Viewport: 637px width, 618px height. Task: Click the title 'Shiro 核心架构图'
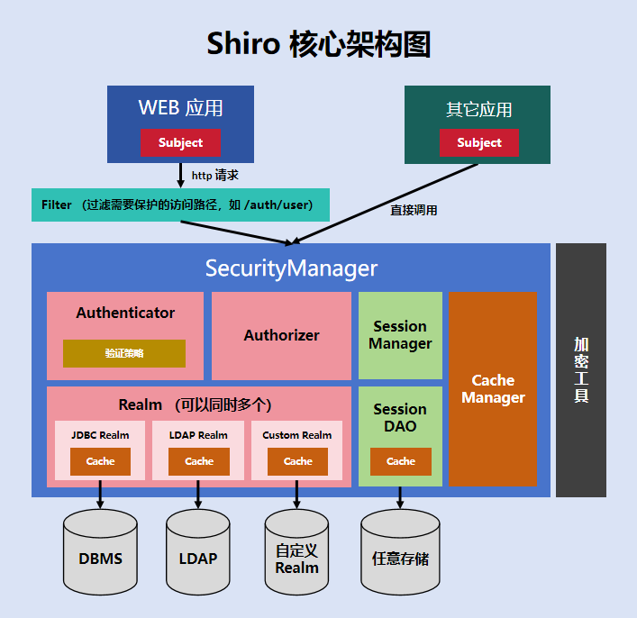coord(318,43)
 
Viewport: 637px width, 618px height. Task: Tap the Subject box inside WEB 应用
coord(180,142)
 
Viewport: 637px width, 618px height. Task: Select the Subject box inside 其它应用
coord(478,142)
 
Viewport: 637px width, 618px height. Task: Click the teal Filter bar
coord(180,204)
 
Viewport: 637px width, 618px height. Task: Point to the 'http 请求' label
coord(214,176)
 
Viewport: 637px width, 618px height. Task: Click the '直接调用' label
coord(414,210)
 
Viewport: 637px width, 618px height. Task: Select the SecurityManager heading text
coord(291,268)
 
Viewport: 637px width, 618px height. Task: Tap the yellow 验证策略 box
coord(123,353)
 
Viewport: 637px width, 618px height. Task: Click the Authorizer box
coord(281,335)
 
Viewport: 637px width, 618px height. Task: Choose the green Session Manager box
coord(400,335)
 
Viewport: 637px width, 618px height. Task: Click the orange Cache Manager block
coord(492,388)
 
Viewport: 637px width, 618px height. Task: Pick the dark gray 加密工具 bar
coord(580,369)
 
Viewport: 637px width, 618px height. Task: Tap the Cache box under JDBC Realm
coord(100,461)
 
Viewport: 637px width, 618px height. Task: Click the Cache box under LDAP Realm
coord(199,461)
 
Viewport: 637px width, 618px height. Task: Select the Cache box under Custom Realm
coord(297,461)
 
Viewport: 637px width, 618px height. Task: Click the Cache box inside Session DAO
coord(400,461)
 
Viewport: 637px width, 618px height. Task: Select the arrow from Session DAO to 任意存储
coord(400,498)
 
